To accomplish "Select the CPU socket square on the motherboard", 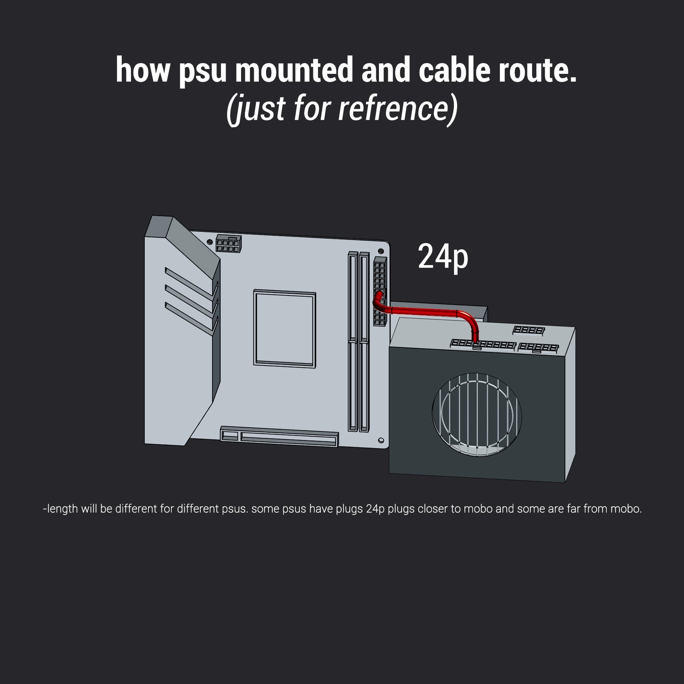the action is tap(285, 328).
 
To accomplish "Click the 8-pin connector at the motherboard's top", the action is tap(228, 244).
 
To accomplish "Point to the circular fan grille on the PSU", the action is tap(477, 414).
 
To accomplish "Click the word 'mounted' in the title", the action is tap(294, 70).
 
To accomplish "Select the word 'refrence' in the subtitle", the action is tap(395, 108).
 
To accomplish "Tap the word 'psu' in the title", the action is tap(203, 73).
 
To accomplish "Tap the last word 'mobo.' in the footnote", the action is tap(626, 509).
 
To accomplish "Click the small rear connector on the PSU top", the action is tap(529, 330).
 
